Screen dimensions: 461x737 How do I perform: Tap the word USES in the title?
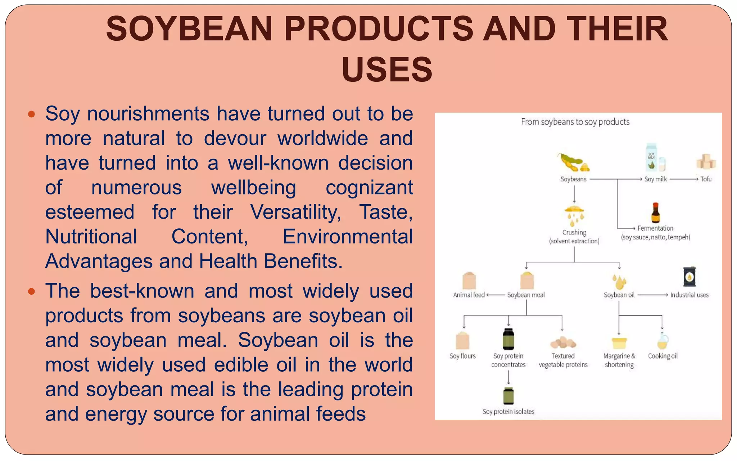click(x=387, y=69)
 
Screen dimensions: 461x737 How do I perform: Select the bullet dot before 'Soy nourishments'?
click(x=32, y=115)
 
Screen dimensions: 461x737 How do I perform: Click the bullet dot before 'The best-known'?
click(x=32, y=291)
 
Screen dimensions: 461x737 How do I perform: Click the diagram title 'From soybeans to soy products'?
click(x=575, y=122)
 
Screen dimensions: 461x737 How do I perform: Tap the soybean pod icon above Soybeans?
click(x=573, y=162)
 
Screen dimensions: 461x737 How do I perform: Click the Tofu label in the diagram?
click(x=706, y=179)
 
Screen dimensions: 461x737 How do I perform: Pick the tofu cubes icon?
click(x=706, y=161)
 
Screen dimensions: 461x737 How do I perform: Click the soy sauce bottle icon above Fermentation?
click(x=655, y=213)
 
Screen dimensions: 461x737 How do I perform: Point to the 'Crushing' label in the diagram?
click(x=574, y=232)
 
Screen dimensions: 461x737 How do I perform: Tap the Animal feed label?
click(x=469, y=295)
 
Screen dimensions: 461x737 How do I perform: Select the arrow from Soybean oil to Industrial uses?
click(x=652, y=295)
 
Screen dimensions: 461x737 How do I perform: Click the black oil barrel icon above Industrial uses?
click(x=689, y=277)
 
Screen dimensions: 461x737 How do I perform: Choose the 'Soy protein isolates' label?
click(x=508, y=411)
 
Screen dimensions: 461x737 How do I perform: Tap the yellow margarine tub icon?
click(x=619, y=343)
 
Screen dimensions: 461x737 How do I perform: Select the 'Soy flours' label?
click(x=462, y=356)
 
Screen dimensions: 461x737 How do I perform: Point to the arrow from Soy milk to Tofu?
click(x=684, y=179)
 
